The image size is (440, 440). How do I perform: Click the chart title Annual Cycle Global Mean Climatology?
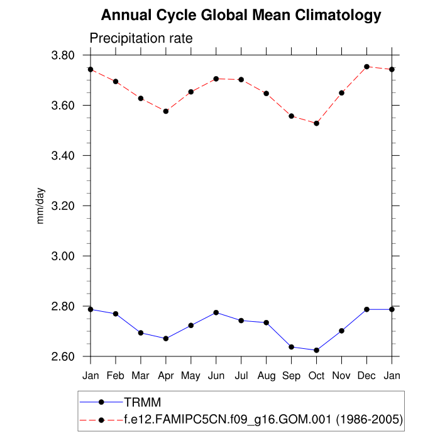click(241, 15)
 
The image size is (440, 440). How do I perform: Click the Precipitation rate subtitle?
click(141, 38)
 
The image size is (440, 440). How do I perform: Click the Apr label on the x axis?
click(166, 376)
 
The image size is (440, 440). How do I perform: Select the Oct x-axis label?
click(317, 376)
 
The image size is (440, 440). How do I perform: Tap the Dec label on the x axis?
click(367, 376)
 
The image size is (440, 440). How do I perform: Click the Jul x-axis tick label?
click(241, 376)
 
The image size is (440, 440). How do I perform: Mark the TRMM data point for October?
click(317, 350)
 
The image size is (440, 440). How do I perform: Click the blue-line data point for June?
click(216, 312)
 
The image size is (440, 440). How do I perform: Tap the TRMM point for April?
click(166, 338)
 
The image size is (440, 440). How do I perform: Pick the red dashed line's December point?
click(367, 67)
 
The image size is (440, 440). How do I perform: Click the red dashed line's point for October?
click(317, 123)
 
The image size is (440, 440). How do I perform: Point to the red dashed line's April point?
click(166, 111)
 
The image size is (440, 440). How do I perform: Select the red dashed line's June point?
click(216, 79)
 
